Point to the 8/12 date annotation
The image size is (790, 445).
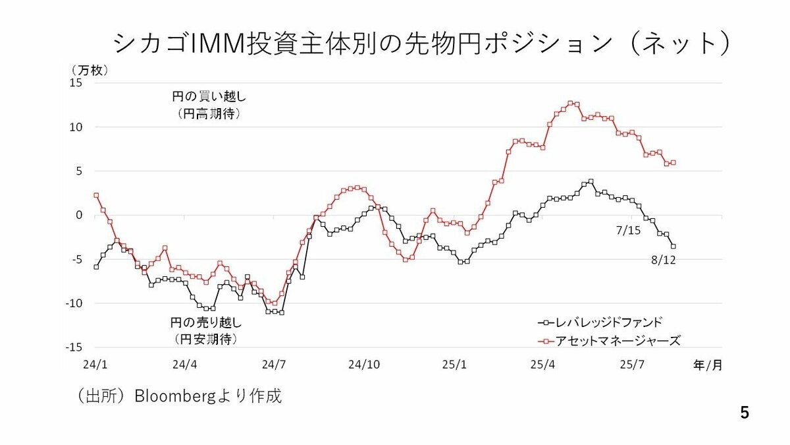(663, 260)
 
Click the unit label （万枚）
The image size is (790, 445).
(90, 69)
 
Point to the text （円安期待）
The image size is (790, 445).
(206, 339)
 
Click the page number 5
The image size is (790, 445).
(745, 413)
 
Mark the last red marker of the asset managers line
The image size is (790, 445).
(673, 162)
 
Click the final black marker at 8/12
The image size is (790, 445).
(673, 246)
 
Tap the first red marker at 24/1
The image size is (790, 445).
(96, 195)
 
